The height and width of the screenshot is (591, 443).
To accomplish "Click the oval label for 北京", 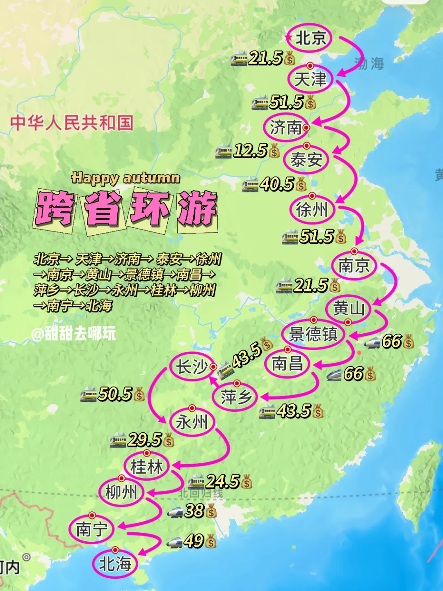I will point(310,38).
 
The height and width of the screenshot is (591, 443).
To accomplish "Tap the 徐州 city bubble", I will point(313,210).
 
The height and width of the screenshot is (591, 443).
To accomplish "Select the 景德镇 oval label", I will point(313,334).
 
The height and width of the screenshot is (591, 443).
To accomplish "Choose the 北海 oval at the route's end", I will point(115,564).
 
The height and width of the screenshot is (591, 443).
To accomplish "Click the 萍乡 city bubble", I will point(235,397).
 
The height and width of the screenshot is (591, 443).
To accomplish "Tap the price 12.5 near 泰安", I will point(250,151).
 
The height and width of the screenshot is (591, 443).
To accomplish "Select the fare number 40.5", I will point(277,184).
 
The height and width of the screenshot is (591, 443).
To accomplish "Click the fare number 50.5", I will point(115,394).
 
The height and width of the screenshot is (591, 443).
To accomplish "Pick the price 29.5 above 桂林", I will point(144,440).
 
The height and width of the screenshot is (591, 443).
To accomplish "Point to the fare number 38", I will point(194,511).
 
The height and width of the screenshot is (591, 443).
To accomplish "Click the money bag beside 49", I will point(211,542).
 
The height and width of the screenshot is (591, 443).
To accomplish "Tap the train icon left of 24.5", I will point(196,482).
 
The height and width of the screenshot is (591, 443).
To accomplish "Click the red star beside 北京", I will point(289,38).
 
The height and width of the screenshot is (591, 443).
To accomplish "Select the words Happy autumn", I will point(126,178).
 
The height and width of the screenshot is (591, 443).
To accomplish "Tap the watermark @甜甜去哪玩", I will point(73,334).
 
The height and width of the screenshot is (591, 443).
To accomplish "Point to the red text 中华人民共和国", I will point(72,123).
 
